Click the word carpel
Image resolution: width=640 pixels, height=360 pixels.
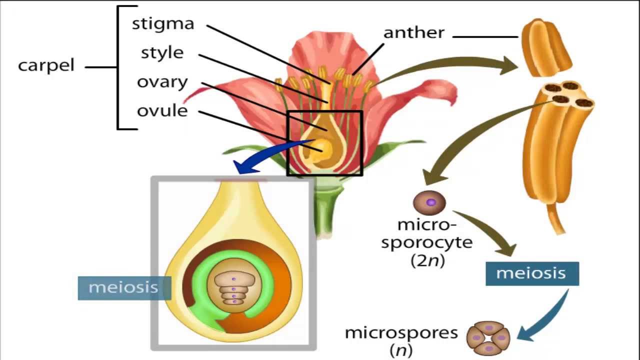pyautogui.click(x=46, y=65)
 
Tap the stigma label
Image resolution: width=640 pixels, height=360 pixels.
pyautogui.click(x=163, y=24)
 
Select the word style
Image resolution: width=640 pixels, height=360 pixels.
pyautogui.click(x=162, y=53)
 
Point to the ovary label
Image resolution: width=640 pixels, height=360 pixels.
pyautogui.click(x=162, y=82)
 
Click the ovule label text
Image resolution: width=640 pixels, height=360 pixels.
pyautogui.click(x=162, y=110)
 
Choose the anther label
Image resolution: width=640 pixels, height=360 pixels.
pyautogui.click(x=414, y=32)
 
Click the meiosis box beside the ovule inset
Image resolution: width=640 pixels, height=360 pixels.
pyautogui.click(x=124, y=288)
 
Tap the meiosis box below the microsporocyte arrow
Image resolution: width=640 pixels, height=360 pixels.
pyautogui.click(x=532, y=273)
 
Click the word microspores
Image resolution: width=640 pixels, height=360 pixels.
pyautogui.click(x=401, y=333)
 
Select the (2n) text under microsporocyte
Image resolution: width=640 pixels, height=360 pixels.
pyautogui.click(x=427, y=260)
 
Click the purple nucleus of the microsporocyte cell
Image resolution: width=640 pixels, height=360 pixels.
pyautogui.click(x=431, y=202)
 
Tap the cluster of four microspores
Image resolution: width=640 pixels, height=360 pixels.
pyautogui.click(x=488, y=338)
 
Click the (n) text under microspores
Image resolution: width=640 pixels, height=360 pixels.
pyautogui.click(x=401, y=349)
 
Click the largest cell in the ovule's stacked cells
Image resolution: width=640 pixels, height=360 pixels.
pyautogui.click(x=234, y=278)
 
